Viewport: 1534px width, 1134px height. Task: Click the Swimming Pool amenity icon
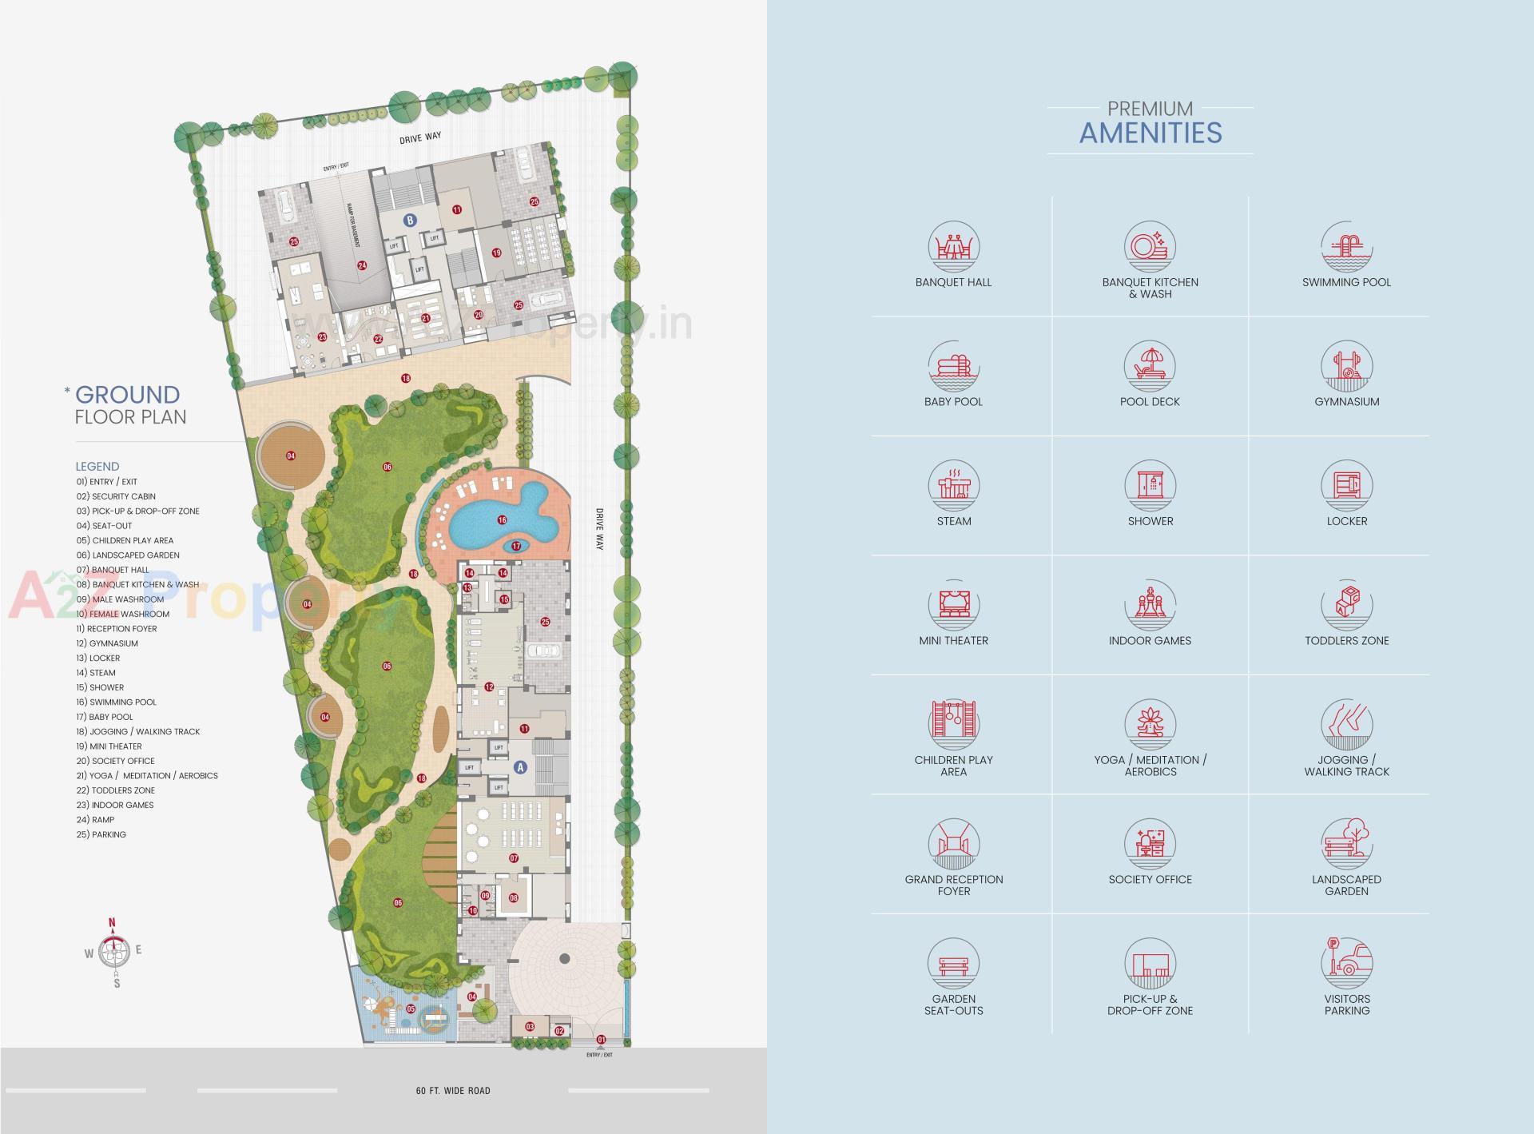point(1346,247)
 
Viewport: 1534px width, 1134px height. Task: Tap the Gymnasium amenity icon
point(1346,367)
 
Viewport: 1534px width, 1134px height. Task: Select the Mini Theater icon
point(953,605)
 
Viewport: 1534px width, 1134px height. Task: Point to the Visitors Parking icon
point(1346,963)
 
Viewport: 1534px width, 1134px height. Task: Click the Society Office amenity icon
point(1150,844)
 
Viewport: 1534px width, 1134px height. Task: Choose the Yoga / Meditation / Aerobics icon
point(1150,724)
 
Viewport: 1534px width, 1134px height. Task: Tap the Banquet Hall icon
point(953,247)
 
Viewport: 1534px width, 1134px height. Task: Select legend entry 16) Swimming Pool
point(117,702)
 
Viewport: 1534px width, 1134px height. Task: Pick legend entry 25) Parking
point(101,834)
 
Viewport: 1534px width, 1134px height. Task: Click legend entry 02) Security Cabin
point(116,496)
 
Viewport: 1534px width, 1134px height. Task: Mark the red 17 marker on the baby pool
point(516,547)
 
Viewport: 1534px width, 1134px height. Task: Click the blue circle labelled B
point(410,221)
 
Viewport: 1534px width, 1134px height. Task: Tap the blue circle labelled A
point(520,767)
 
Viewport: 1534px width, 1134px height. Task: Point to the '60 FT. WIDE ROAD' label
point(453,1091)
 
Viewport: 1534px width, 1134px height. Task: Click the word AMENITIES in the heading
point(1150,133)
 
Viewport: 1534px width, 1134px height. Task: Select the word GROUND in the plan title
point(127,395)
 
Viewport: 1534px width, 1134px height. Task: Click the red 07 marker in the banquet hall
point(514,858)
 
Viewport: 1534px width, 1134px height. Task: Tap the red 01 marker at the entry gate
point(602,1040)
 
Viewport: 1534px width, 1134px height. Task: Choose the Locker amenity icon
point(1346,486)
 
